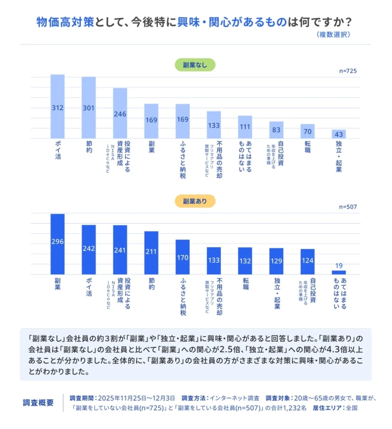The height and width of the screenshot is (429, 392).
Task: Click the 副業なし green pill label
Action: (195, 65)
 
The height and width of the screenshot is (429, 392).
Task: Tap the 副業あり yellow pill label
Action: (195, 201)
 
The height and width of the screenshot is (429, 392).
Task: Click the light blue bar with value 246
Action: (120, 113)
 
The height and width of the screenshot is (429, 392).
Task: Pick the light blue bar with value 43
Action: (338, 134)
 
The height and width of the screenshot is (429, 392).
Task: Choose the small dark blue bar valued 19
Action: (338, 272)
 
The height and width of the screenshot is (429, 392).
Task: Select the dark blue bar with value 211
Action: (151, 253)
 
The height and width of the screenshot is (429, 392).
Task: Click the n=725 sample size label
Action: (348, 71)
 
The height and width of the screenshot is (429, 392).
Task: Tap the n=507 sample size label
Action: (348, 207)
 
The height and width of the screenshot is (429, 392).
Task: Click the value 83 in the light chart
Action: (276, 130)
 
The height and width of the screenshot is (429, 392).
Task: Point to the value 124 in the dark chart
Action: (307, 261)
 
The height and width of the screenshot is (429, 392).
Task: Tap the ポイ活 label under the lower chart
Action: (89, 287)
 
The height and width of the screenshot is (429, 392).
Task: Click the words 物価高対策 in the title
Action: (65, 22)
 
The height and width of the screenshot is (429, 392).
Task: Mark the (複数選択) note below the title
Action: (334, 35)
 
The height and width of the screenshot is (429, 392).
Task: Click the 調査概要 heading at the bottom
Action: (39, 403)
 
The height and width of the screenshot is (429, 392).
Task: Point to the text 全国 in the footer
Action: (352, 408)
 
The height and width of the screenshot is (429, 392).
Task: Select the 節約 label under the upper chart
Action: (89, 146)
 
